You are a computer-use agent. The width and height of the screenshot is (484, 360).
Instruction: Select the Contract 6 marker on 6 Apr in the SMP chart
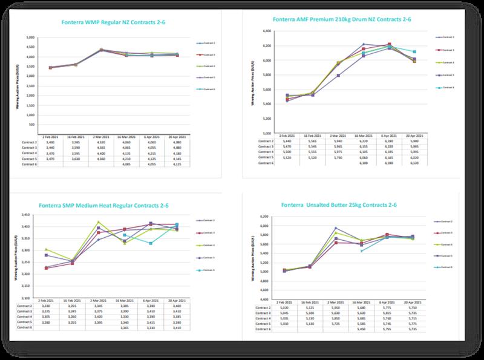151,243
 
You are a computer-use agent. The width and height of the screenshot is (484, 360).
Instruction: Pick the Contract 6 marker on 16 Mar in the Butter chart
362,250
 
